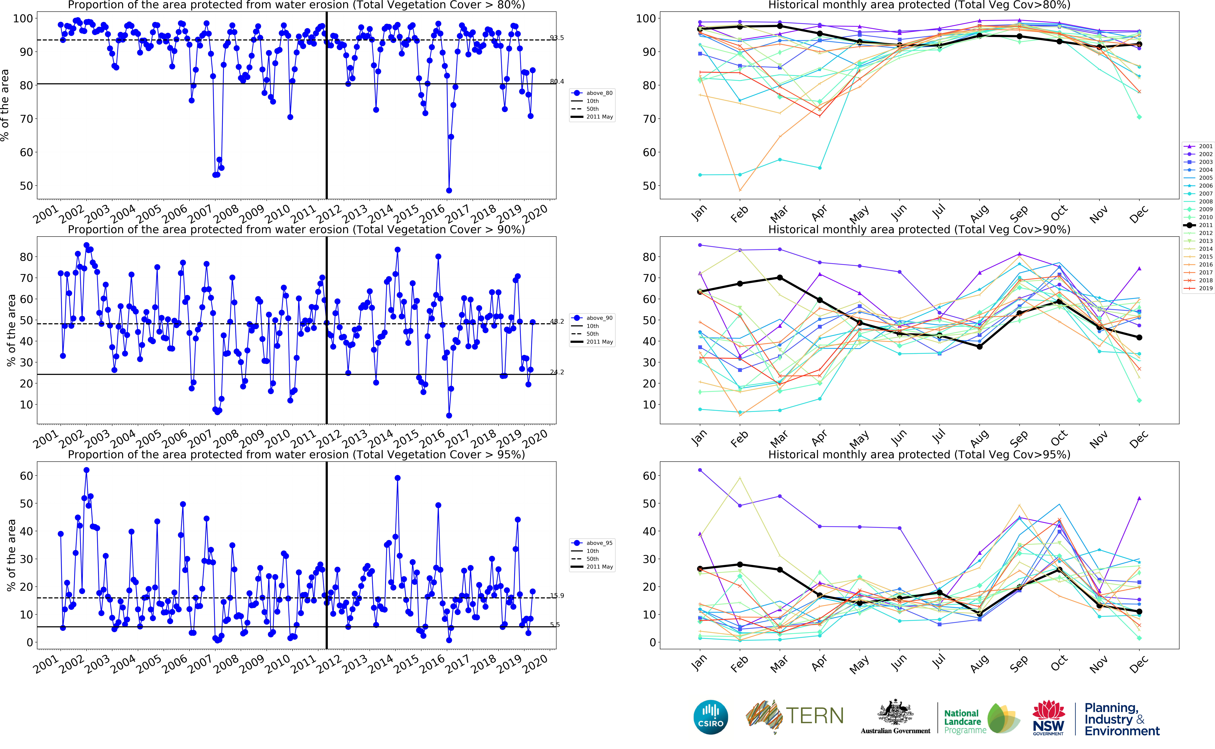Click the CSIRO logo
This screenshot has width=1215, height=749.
click(711, 717)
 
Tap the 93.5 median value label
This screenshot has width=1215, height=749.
click(557, 38)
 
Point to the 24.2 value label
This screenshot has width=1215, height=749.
click(557, 372)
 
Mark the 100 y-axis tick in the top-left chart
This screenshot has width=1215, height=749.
click(23, 19)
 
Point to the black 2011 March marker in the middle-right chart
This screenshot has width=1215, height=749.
click(780, 278)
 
